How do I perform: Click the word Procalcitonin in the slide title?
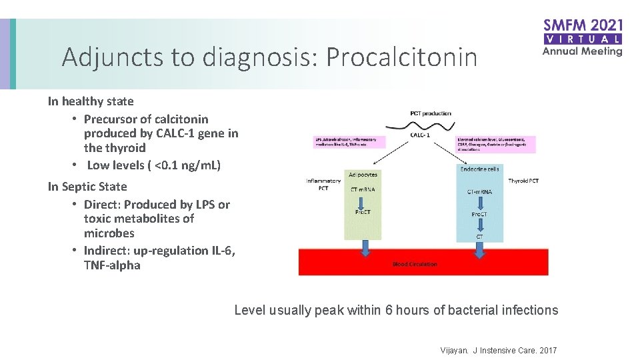pos(401,58)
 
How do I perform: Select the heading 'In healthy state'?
pos(91,101)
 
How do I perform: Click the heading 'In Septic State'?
pos(87,187)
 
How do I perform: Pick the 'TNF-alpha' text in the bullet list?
pos(112,265)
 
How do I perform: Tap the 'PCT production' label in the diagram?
pos(430,113)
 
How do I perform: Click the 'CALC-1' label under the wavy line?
pos(421,135)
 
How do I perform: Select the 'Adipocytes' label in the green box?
pos(363,175)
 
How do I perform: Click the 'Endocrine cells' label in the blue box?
pos(479,169)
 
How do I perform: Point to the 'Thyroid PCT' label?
pos(523,181)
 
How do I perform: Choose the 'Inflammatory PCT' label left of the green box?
pos(323,184)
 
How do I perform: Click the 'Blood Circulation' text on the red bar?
pos(415,264)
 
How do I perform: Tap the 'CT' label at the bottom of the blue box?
pos(479,236)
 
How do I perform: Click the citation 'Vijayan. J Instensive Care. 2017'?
pos(499,351)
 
